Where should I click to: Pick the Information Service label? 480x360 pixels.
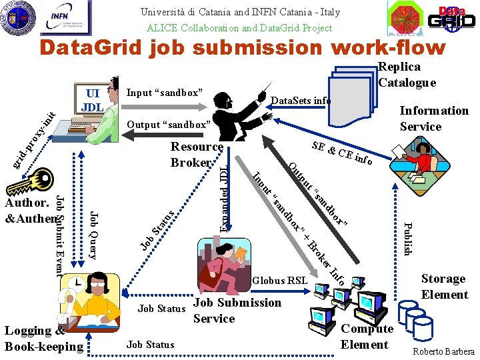(433, 118)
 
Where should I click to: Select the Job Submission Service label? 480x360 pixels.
(237, 310)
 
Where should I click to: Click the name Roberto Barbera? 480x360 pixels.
(443, 351)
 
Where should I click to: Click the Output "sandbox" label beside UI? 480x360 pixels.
(169, 125)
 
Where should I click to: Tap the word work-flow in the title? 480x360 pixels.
(377, 47)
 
